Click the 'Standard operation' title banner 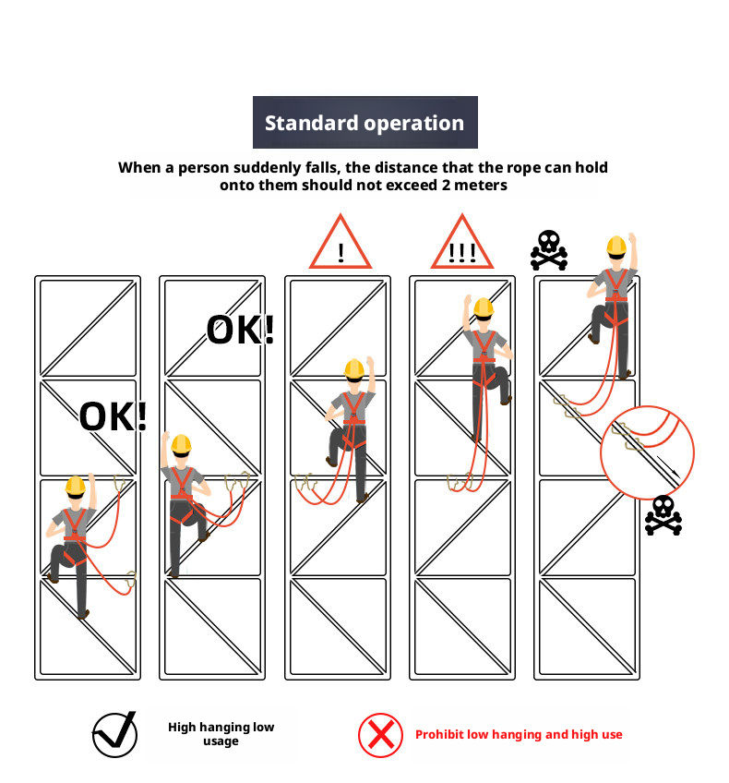364,122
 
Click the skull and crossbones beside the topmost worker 549,250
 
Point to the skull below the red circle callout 663,515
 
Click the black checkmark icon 115,734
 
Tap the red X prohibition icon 380,735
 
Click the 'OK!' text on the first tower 114,416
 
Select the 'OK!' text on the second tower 241,330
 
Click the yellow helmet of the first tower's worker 76,486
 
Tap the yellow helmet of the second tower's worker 181,444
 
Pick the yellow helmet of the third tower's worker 354,369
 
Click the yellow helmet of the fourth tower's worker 484,307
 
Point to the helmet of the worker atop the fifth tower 616,247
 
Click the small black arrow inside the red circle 668,466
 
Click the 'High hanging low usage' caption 221,733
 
